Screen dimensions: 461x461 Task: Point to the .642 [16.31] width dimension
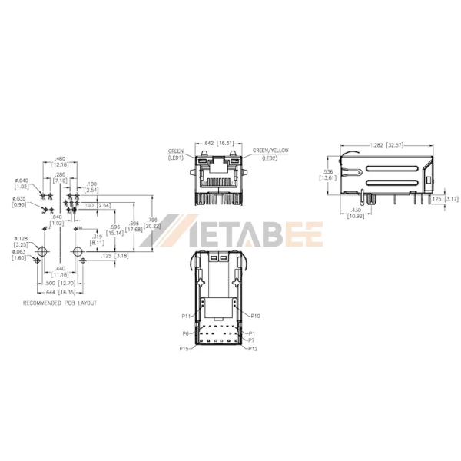point(221,143)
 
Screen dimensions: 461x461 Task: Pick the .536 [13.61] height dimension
point(327,174)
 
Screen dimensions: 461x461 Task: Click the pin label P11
point(186,316)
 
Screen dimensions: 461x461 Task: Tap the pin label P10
point(255,316)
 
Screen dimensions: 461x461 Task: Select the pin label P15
point(185,348)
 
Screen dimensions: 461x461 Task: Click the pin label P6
point(186,333)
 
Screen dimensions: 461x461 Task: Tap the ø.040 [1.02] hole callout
point(21,183)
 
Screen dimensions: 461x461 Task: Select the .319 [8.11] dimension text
point(98,240)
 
